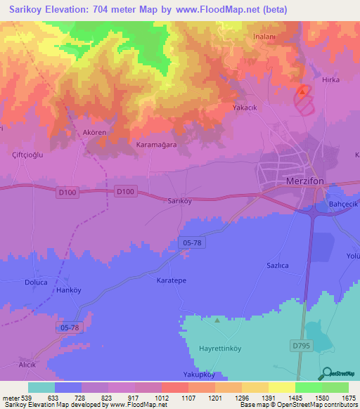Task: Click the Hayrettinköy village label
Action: click(221, 348)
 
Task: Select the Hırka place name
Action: click(330, 79)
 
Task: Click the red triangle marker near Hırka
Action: click(303, 91)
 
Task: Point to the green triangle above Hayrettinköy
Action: click(217, 320)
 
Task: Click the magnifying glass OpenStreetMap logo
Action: click(326, 373)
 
